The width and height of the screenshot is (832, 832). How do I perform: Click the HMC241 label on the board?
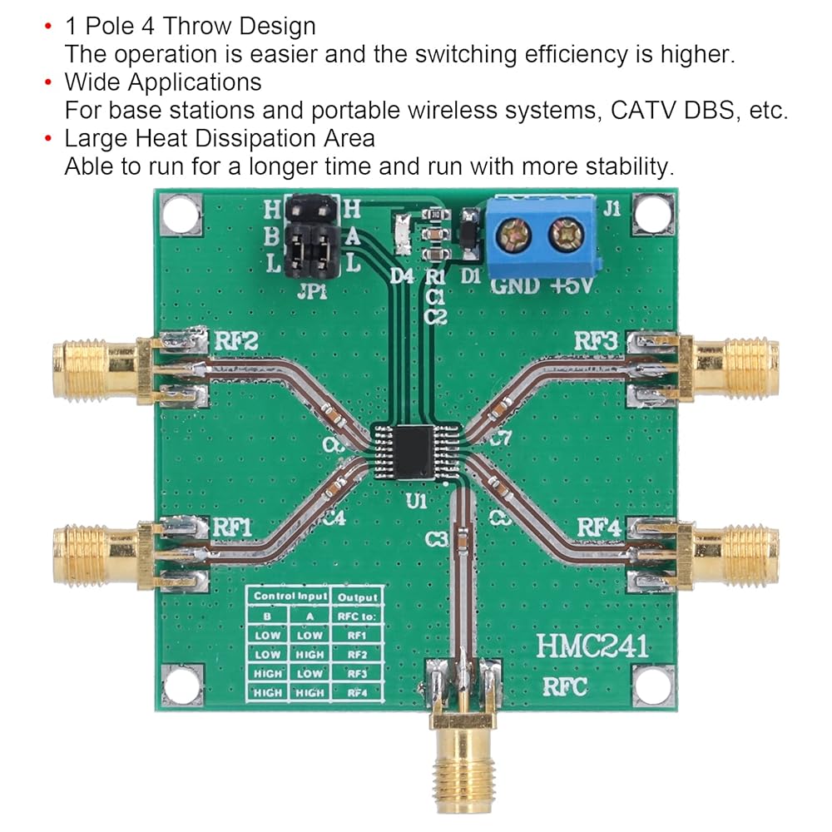click(592, 646)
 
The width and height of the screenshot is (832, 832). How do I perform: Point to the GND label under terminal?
click(514, 288)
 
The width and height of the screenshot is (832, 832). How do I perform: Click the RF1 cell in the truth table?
click(356, 634)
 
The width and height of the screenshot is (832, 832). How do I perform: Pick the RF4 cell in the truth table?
click(356, 691)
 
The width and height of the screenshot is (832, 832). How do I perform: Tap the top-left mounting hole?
click(179, 214)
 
